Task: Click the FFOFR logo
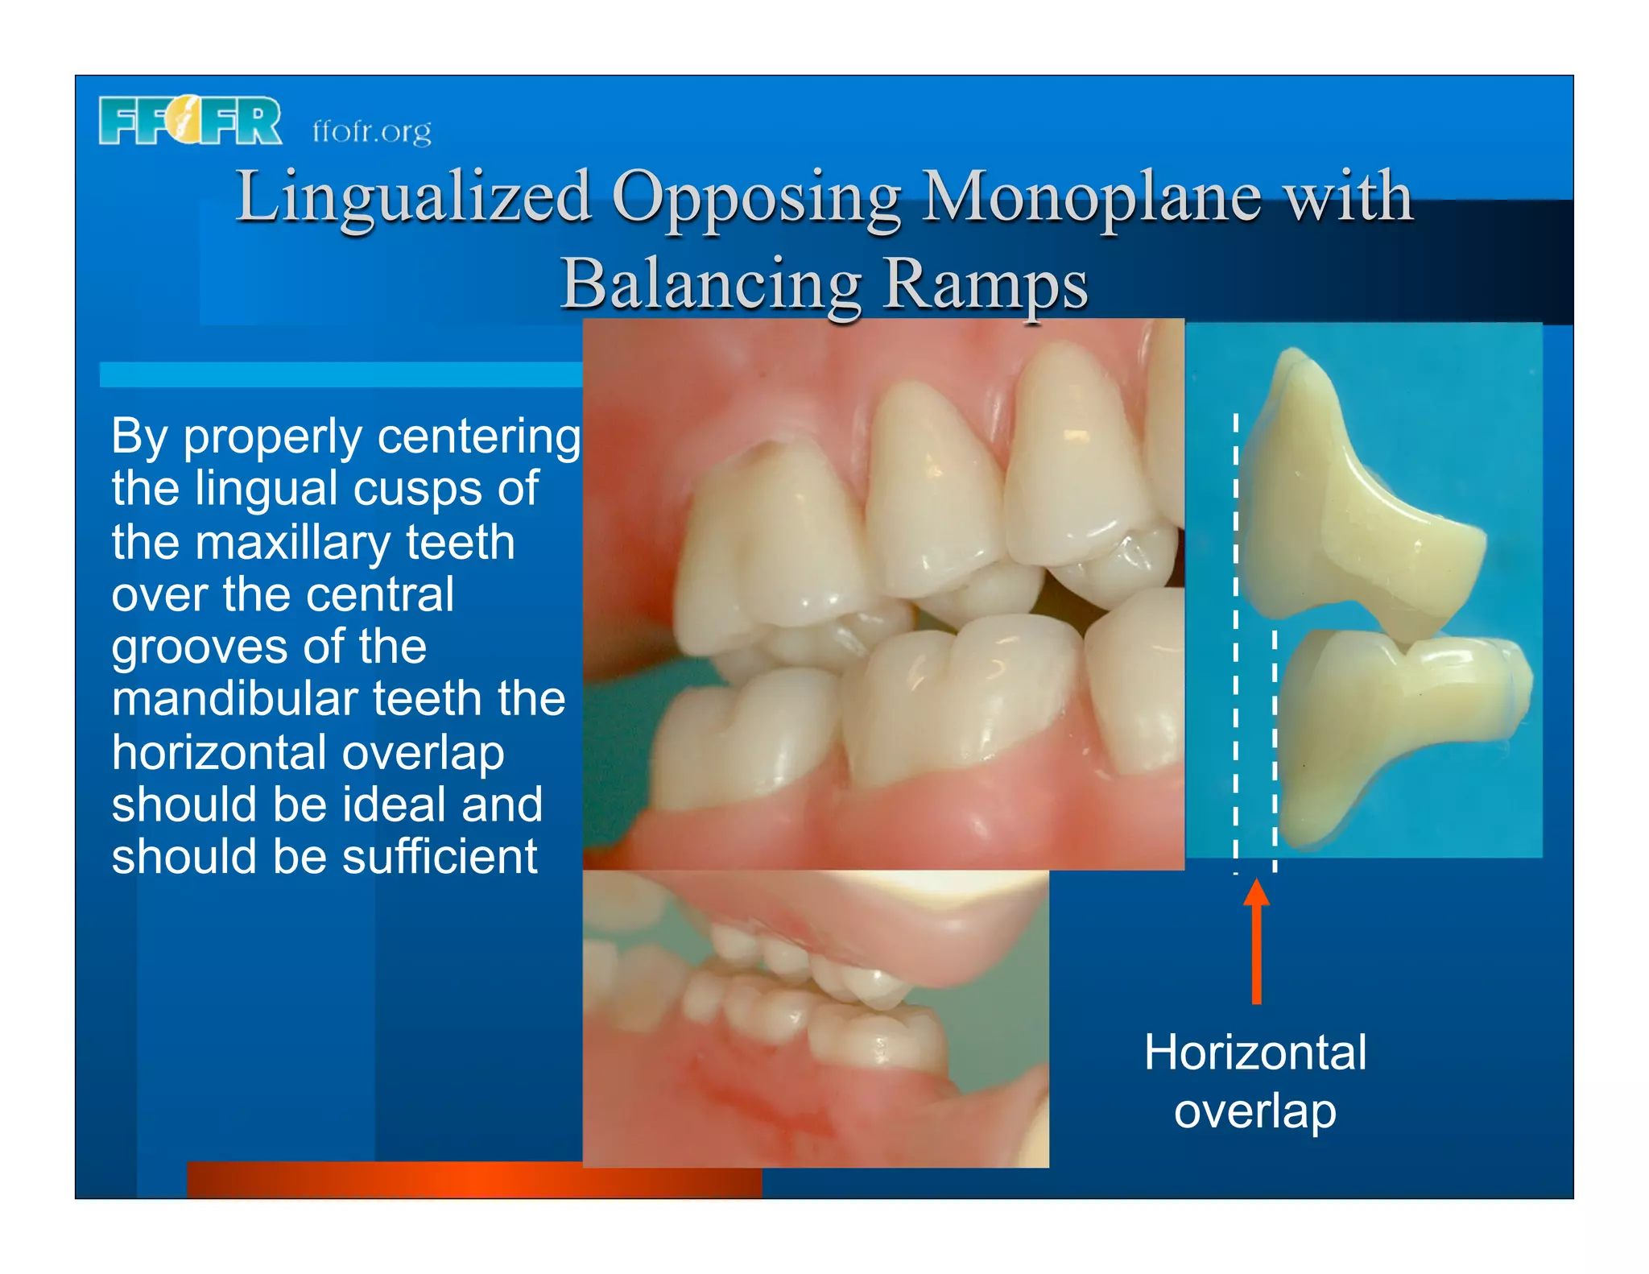[190, 121]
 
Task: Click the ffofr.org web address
[371, 130]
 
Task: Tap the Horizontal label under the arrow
[1255, 1052]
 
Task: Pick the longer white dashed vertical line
[1236, 644]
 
